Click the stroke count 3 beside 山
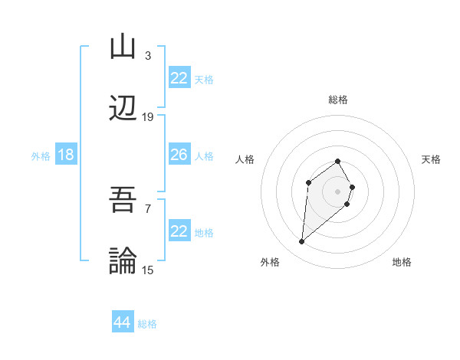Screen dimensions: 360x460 point(148,55)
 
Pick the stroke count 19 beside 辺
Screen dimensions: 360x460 point(148,117)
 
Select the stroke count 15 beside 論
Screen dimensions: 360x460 point(148,270)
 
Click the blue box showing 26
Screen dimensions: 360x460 point(179,155)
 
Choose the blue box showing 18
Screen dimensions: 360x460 point(66,155)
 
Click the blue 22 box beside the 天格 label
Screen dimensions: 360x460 point(179,78)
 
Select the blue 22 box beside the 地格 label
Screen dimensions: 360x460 point(179,231)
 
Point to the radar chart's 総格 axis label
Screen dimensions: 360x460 point(338,100)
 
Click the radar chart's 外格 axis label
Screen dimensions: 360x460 point(270,262)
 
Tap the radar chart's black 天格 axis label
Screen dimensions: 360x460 point(431,159)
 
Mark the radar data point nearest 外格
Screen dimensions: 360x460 point(301,242)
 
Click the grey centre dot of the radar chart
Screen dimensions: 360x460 point(338,191)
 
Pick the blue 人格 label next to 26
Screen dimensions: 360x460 point(204,155)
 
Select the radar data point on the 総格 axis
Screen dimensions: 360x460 point(338,161)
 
